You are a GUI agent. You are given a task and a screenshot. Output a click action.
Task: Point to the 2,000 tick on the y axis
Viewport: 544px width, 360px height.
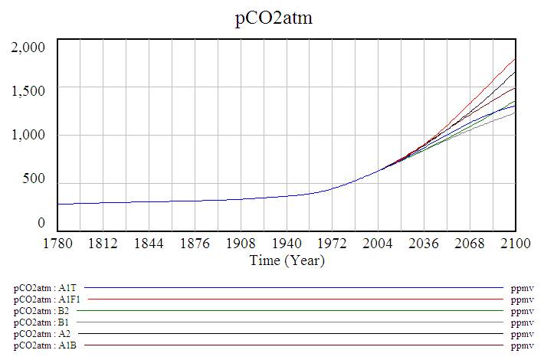coord(29,47)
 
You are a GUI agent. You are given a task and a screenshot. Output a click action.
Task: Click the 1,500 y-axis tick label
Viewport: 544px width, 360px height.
coord(29,91)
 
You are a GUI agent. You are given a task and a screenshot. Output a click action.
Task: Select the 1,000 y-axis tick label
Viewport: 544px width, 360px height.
coord(29,136)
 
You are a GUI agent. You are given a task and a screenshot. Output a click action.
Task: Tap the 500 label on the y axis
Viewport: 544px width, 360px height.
coord(34,180)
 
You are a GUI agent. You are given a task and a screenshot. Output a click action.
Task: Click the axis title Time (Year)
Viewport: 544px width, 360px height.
coord(287,260)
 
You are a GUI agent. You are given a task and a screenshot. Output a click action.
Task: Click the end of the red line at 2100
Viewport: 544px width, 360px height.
coord(515,59)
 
